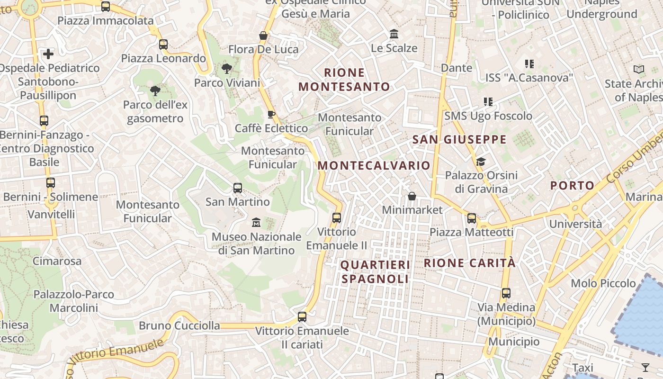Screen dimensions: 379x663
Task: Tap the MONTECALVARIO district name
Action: click(x=374, y=165)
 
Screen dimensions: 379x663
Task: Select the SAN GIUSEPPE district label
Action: click(x=459, y=139)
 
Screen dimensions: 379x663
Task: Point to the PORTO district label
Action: click(x=572, y=185)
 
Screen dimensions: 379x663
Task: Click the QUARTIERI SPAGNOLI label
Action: click(x=375, y=272)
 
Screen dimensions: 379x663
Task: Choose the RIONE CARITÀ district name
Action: click(x=469, y=263)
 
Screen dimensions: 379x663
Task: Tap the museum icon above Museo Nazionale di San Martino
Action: click(x=256, y=222)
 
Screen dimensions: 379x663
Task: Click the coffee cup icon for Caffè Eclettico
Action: click(x=271, y=114)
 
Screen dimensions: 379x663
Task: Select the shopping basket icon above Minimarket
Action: click(x=412, y=196)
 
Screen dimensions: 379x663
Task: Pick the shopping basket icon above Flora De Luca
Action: click(x=263, y=36)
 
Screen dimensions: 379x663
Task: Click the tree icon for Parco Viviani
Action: click(x=227, y=69)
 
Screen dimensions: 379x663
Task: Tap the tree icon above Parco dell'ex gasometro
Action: click(x=155, y=90)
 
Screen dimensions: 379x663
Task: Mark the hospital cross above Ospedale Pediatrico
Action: click(x=48, y=54)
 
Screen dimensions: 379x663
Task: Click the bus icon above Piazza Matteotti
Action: click(x=472, y=218)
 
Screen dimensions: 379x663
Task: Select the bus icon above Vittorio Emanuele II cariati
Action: click(x=302, y=317)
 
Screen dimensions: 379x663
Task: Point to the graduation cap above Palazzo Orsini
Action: click(x=481, y=162)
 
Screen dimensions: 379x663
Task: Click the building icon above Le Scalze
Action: click(x=394, y=34)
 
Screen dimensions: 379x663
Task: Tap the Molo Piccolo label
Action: click(x=603, y=283)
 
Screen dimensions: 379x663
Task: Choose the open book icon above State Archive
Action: click(x=639, y=70)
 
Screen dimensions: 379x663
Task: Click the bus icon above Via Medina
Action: click(x=506, y=293)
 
